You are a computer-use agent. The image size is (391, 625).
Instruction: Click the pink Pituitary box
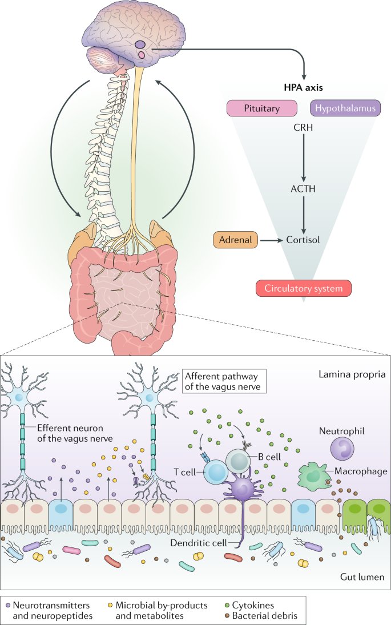click(262, 107)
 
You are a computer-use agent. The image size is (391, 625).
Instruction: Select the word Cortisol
click(303, 240)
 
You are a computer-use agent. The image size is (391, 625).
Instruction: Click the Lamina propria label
click(349, 376)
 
